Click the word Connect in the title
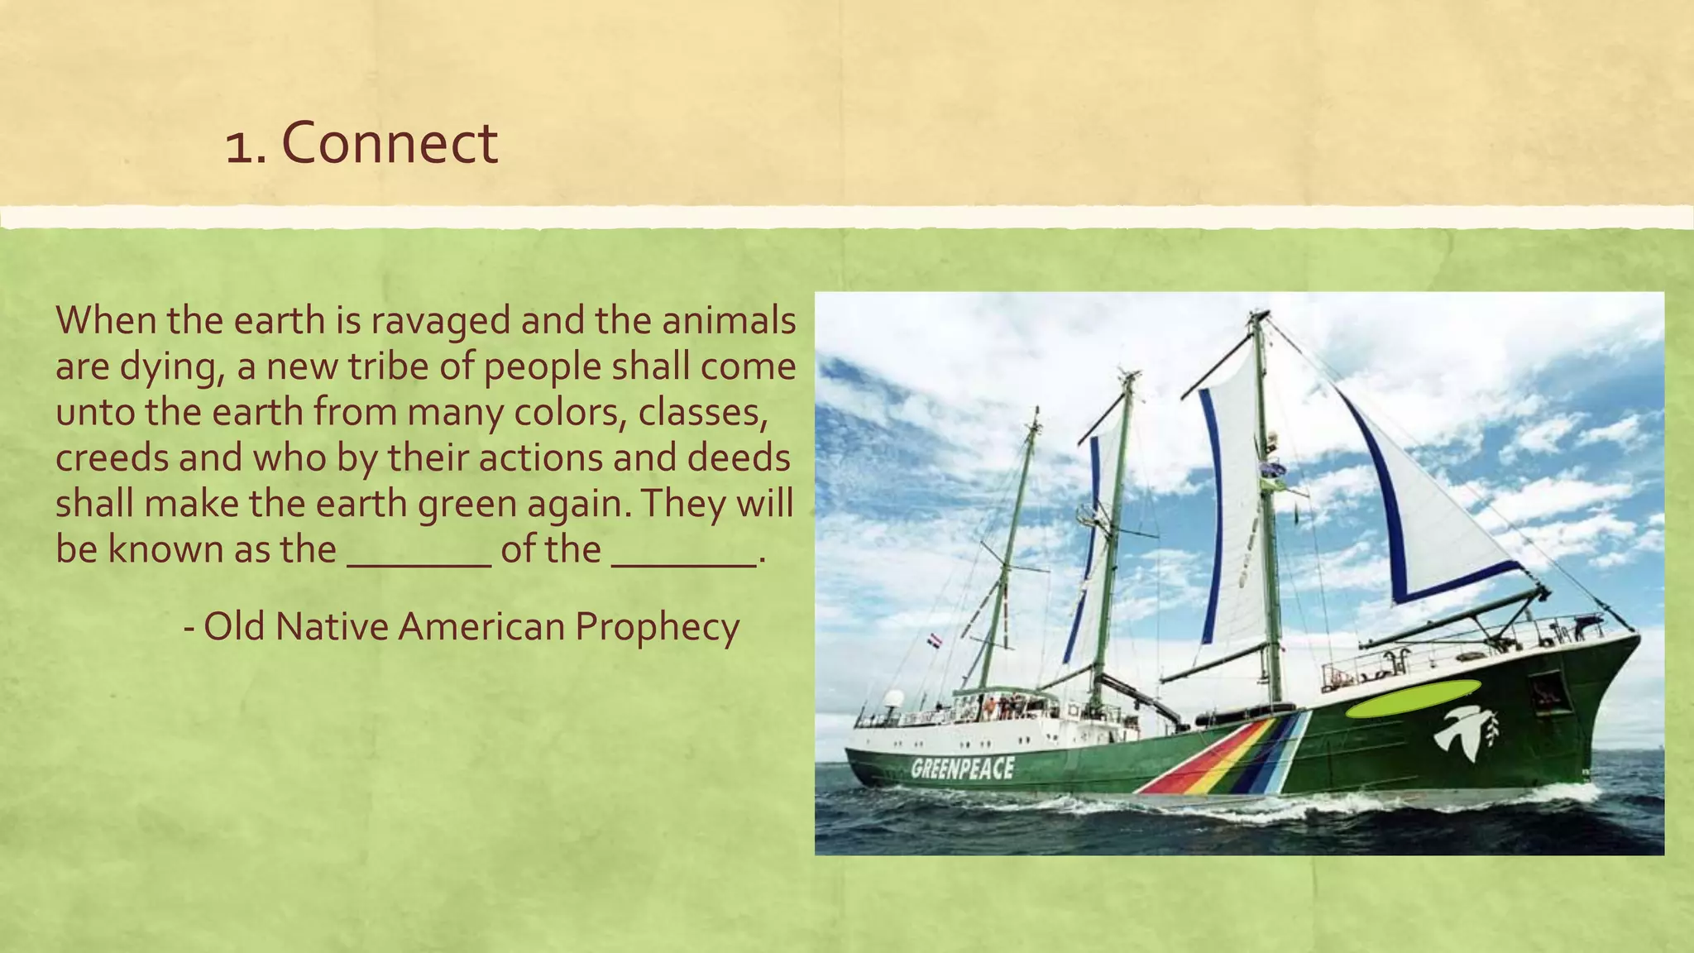coord(390,143)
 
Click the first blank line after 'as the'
coord(419,563)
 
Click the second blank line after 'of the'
coord(684,563)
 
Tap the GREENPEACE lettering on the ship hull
coord(962,769)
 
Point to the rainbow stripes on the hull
coord(1224,755)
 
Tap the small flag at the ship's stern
coord(934,640)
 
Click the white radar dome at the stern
coord(893,699)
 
